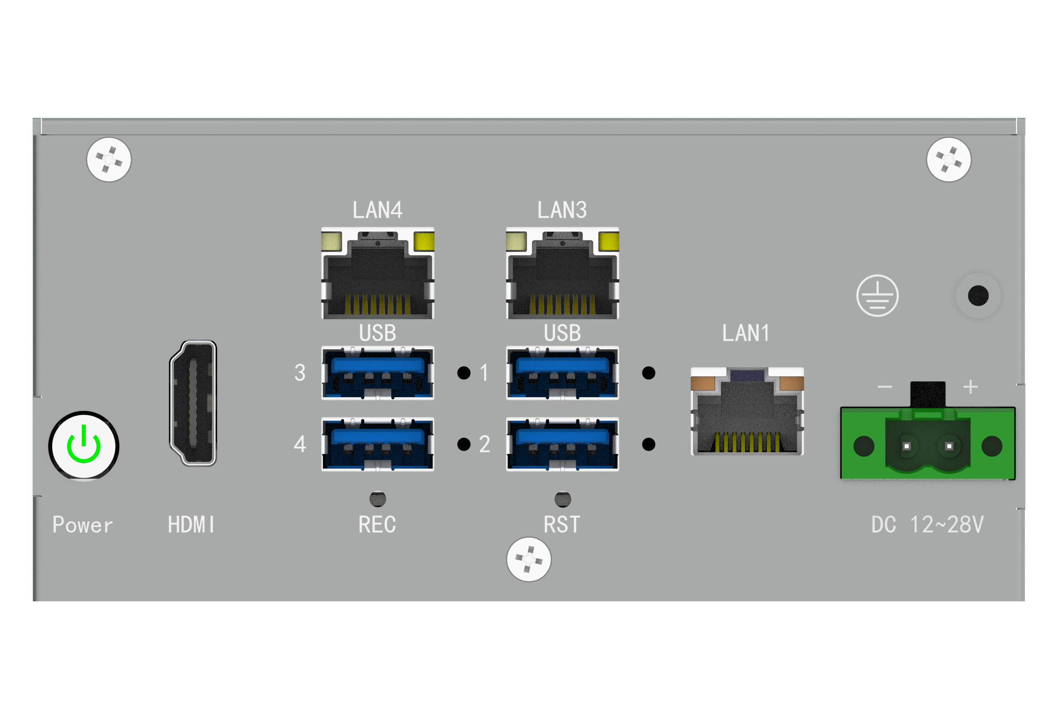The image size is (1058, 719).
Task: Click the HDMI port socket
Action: pos(193,403)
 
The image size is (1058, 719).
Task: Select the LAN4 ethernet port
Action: pos(377,274)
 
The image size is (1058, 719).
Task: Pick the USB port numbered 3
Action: pos(377,373)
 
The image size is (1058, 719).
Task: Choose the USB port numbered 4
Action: pos(377,444)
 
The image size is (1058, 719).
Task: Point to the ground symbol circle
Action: pos(877,296)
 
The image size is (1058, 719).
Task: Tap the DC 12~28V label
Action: pos(927,525)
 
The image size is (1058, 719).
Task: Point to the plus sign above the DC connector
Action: pos(971,387)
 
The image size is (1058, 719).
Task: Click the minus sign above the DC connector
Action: pos(884,387)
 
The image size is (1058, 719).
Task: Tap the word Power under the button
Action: pos(82,525)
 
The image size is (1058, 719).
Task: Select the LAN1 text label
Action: pos(746,333)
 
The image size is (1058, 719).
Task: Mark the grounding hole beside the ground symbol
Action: pos(978,296)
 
